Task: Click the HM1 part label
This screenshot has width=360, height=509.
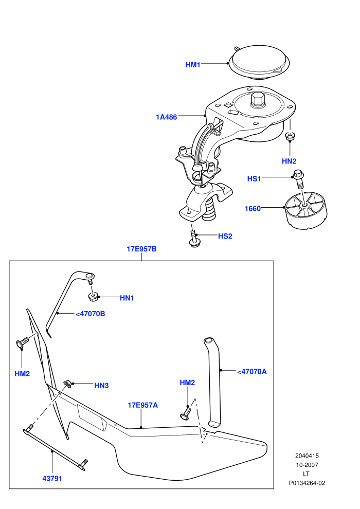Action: click(193, 65)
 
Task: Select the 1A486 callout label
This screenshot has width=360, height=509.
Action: click(167, 117)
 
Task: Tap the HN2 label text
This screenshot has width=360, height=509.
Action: click(289, 161)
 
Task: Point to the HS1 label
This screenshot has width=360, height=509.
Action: click(254, 178)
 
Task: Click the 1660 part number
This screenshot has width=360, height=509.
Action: click(253, 208)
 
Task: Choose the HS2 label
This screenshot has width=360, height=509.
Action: click(225, 236)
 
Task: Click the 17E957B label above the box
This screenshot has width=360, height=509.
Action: click(141, 249)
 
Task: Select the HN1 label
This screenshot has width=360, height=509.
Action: click(127, 298)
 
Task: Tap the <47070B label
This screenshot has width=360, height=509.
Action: click(90, 314)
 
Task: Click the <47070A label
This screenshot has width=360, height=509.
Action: click(252, 372)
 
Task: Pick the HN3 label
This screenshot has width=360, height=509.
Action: click(101, 385)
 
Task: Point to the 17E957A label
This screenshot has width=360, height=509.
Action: click(143, 405)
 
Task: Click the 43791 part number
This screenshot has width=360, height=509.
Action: click(52, 479)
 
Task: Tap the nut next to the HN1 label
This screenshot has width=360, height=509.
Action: click(93, 296)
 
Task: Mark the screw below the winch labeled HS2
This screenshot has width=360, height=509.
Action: click(194, 239)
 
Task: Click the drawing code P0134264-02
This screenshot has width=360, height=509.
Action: click(307, 483)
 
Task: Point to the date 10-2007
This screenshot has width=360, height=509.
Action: click(307, 465)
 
